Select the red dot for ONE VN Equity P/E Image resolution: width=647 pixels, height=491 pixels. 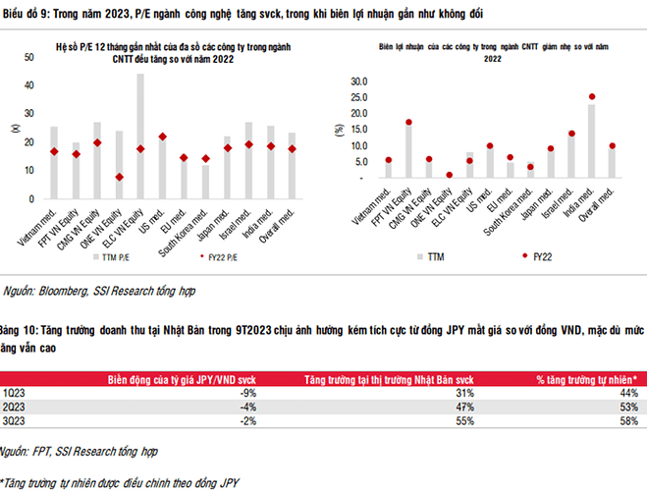119,178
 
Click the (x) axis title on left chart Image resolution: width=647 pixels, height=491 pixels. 14,128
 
